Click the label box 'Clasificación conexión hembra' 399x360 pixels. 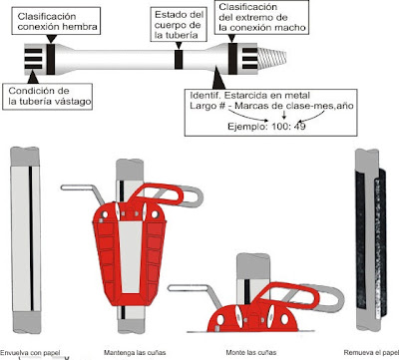(56, 21)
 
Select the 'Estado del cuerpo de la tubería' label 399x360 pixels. (179, 25)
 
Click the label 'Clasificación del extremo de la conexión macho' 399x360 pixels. (262, 17)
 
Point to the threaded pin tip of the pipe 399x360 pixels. (272, 57)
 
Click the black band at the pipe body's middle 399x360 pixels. (179, 60)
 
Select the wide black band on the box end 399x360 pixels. (50, 59)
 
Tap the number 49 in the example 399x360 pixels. (300, 127)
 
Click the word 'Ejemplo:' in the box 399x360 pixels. (248, 127)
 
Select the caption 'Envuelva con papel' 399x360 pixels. (31, 352)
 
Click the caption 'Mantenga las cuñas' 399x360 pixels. (135, 352)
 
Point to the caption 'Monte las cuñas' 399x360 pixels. (251, 352)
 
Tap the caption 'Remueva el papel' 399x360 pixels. (371, 352)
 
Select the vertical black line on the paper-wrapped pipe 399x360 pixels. (31, 238)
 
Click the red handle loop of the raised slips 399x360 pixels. (157, 193)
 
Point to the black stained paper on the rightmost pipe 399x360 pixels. (371, 242)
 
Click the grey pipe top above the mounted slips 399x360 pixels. (252, 266)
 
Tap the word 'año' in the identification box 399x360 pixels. (345, 106)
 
